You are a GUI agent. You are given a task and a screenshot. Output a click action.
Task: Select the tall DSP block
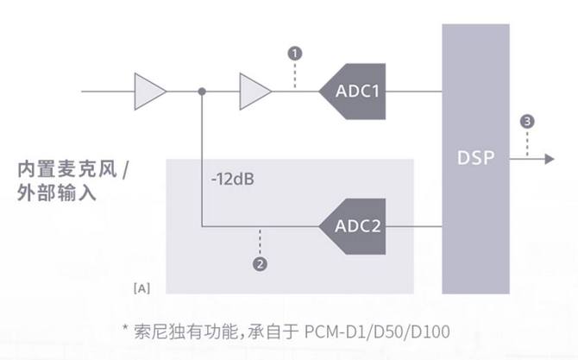point(475,159)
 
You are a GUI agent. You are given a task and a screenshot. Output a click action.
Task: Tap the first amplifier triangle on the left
point(148,90)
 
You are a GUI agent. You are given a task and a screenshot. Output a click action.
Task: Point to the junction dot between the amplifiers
point(202,90)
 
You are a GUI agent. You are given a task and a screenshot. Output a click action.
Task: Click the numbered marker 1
point(296,54)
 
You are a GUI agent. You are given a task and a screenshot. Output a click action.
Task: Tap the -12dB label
point(230,182)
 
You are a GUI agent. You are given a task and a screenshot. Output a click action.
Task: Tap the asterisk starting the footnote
point(128,329)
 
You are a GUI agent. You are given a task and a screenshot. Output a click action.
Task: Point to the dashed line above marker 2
point(258,243)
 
